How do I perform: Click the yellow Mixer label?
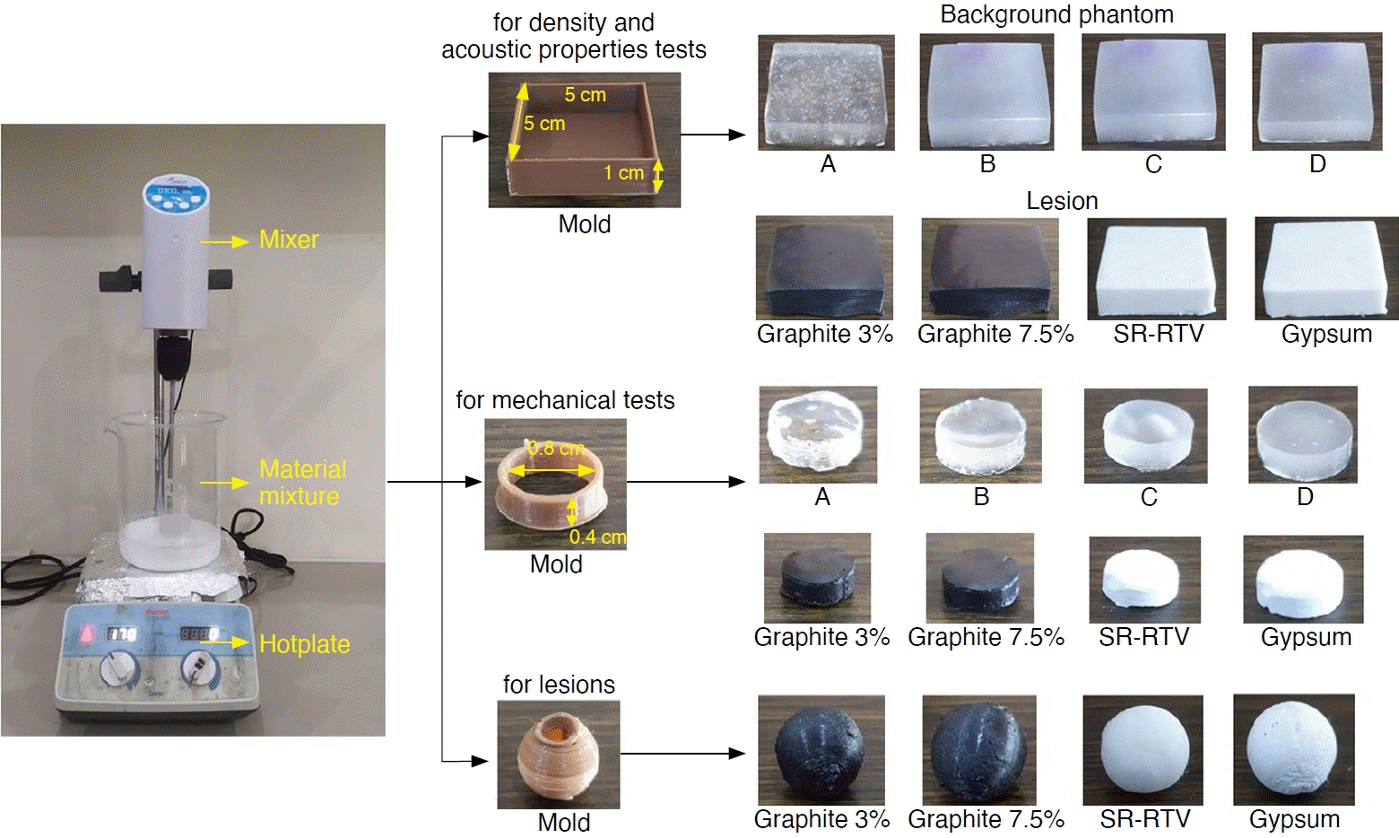[288, 240]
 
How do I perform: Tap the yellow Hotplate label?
[304, 644]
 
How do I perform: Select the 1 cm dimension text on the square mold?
[623, 172]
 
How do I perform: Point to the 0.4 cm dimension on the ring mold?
[597, 537]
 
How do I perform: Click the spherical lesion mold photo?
[558, 755]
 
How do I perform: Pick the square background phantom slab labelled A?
[826, 92]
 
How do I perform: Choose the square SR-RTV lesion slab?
[1156, 268]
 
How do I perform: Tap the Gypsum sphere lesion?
[1293, 749]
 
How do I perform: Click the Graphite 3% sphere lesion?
[821, 749]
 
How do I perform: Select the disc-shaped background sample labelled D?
[1302, 435]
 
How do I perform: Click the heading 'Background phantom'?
[1056, 14]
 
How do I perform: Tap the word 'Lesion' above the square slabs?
[1062, 201]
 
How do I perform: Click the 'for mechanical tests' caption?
[565, 400]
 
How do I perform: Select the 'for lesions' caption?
[559, 685]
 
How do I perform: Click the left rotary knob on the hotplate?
[117, 667]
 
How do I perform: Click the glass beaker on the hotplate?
[170, 489]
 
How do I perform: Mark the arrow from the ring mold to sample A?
[686, 482]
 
